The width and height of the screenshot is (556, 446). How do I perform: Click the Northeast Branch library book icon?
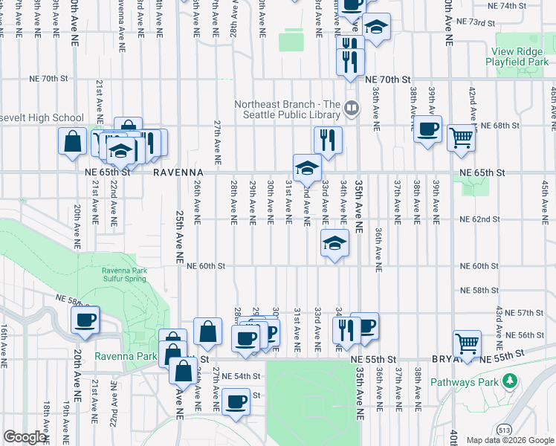tap(352, 110)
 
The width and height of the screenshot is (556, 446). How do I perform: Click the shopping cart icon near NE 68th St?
tap(462, 138)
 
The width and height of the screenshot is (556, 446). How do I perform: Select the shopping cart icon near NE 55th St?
tap(467, 343)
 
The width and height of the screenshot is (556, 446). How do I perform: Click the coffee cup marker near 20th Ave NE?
tap(85, 320)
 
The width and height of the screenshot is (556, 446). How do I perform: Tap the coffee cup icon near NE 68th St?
tap(428, 129)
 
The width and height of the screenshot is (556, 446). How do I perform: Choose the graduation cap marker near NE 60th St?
tap(334, 242)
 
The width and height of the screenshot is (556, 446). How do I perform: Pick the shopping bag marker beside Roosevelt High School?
tap(73, 141)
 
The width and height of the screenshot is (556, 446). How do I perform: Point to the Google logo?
tap(25, 437)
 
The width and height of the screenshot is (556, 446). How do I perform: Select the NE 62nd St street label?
tap(479, 220)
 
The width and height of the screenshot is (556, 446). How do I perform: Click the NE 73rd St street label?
tap(476, 23)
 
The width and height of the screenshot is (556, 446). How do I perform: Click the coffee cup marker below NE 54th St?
tap(236, 402)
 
